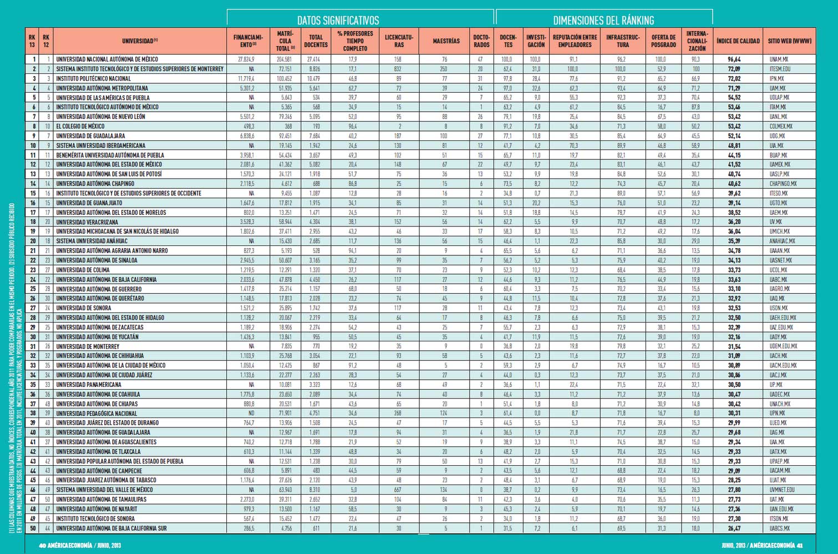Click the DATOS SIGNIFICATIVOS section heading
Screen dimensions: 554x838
click(x=338, y=21)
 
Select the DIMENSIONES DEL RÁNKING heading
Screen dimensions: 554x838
click(x=603, y=21)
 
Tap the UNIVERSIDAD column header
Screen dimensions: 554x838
click(x=140, y=41)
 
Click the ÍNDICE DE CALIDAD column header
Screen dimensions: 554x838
click(x=738, y=41)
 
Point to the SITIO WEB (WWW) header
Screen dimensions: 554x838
click(x=789, y=41)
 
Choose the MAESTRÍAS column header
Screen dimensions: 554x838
click(x=446, y=41)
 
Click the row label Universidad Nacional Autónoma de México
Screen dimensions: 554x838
click(x=107, y=59)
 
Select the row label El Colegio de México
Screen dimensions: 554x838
click(x=80, y=126)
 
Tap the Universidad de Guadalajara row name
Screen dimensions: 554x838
click(x=90, y=136)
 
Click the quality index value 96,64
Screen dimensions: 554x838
click(x=734, y=59)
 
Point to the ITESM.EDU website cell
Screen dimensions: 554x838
click(x=780, y=69)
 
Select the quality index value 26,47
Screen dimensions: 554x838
click(x=734, y=528)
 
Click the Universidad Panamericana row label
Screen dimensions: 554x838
click(x=89, y=385)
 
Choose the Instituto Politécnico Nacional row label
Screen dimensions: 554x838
click(x=93, y=79)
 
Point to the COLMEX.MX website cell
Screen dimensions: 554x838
click(x=781, y=127)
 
